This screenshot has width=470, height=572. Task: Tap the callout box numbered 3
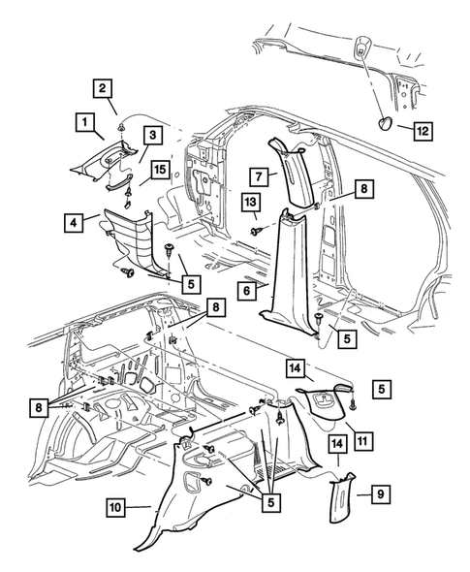coord(152,135)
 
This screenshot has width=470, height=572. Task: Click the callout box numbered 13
coord(251,201)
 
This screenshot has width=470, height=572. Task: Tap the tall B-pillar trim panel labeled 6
coord(291,271)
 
